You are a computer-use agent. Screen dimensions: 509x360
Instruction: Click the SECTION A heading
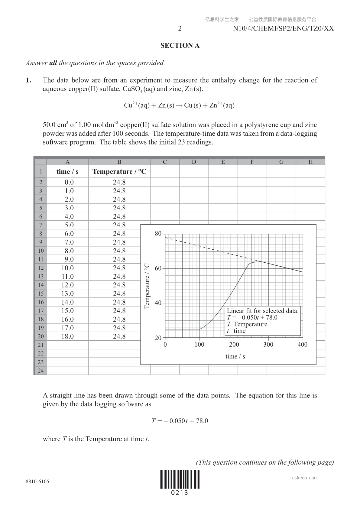[180, 46]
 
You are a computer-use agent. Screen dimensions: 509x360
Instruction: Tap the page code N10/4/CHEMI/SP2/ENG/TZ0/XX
[283, 29]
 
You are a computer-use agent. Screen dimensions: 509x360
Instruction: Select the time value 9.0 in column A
[67, 259]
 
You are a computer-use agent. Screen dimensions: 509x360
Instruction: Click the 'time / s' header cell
[67, 172]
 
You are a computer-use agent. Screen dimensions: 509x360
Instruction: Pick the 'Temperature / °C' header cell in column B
[119, 172]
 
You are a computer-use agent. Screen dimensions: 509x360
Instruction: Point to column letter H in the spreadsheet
[310, 162]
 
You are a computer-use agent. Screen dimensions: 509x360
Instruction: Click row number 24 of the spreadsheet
[41, 371]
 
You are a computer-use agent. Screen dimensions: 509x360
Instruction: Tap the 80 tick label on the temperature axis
[158, 234]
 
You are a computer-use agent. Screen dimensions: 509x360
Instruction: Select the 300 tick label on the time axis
[268, 345]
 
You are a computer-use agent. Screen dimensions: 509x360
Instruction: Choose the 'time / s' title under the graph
[235, 357]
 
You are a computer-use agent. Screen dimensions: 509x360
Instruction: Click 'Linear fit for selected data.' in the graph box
[262, 311]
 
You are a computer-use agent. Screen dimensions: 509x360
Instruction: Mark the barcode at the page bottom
[180, 479]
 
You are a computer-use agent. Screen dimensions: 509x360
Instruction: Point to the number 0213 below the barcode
[180, 493]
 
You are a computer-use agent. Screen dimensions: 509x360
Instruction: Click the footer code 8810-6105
[37, 481]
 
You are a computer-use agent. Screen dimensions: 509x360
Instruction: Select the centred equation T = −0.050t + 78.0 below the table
[180, 421]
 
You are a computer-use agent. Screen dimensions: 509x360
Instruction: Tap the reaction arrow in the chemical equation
[179, 105]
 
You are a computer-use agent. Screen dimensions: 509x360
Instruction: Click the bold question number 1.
[28, 80]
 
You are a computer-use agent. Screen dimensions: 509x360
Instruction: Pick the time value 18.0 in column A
[67, 336]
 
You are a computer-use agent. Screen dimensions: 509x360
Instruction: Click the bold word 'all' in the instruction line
[53, 63]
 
